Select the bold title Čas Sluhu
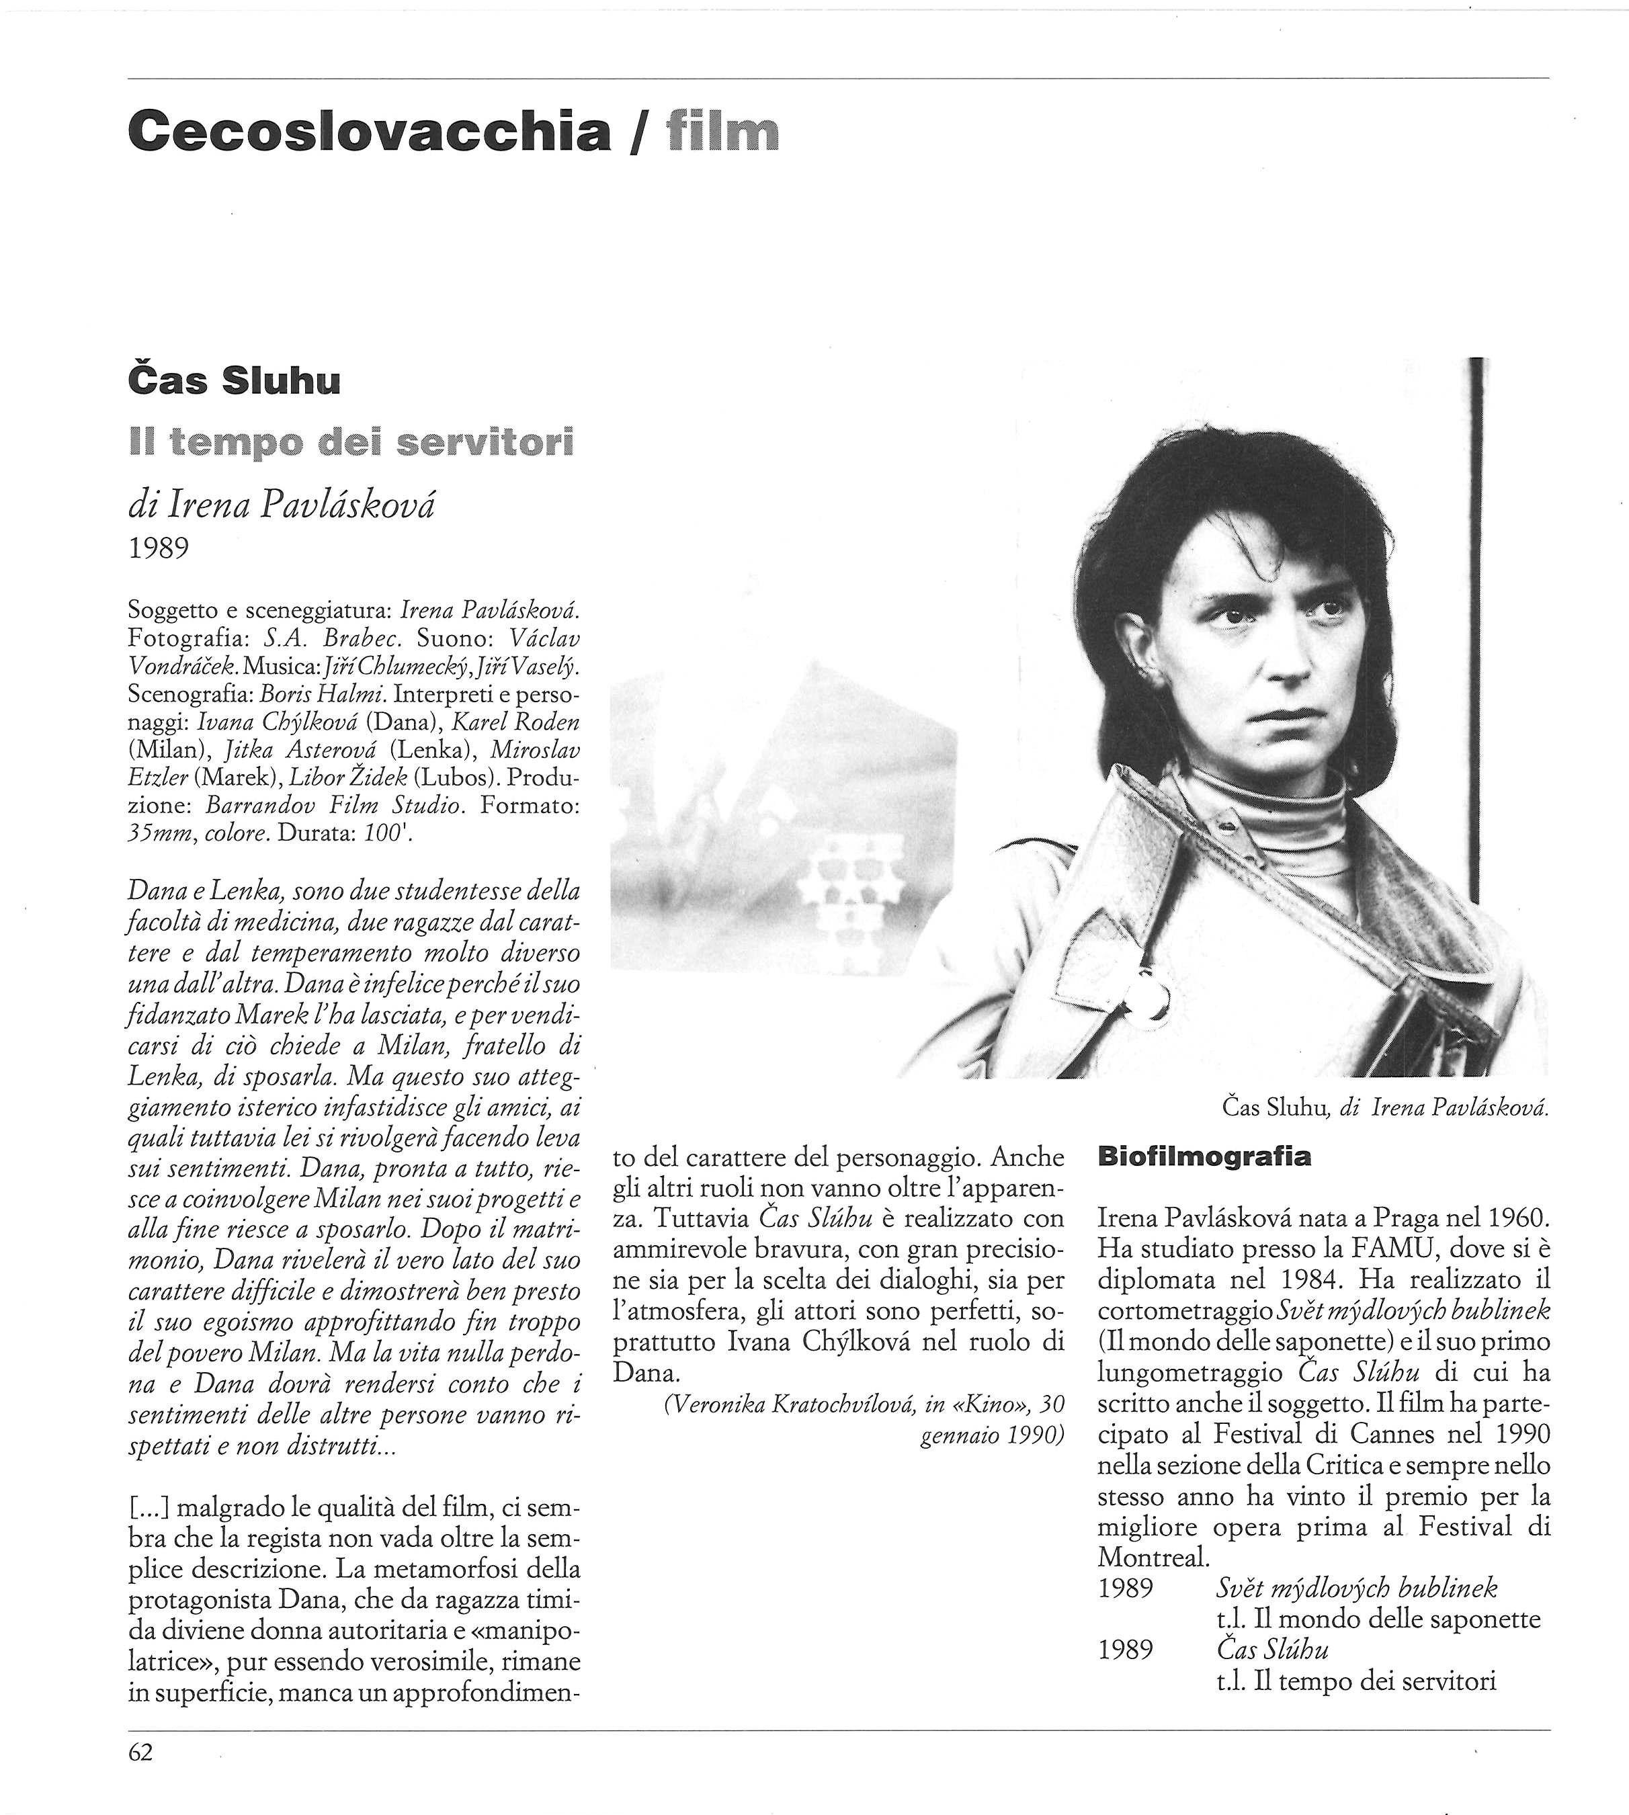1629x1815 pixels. (x=235, y=381)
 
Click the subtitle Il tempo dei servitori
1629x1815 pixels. (x=351, y=442)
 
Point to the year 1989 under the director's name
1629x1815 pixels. (x=159, y=548)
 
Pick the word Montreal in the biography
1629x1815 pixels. (x=1153, y=1557)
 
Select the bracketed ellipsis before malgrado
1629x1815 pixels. (x=149, y=1510)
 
